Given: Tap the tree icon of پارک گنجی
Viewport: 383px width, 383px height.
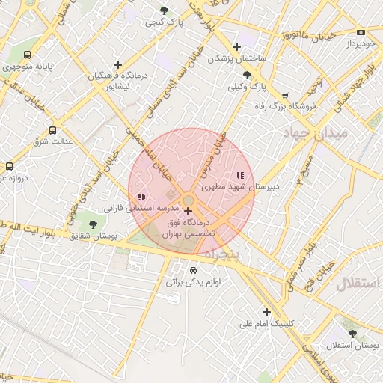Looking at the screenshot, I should click(164, 10).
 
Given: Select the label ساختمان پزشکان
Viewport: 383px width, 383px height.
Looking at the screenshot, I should click(236, 58).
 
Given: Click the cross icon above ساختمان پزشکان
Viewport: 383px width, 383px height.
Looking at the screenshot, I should click(237, 46).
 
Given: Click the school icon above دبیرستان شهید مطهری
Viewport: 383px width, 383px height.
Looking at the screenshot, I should click(240, 175).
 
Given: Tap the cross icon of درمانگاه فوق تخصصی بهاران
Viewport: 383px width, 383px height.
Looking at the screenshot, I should click(187, 212).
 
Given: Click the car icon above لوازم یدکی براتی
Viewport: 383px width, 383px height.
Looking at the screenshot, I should click(193, 270).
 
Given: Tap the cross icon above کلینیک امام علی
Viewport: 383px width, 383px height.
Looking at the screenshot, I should click(266, 312).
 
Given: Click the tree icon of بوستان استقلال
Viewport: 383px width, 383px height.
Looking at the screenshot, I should click(352, 334).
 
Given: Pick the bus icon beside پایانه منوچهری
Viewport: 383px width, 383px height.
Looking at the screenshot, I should click(28, 55).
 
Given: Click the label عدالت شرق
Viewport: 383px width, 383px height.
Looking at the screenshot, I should click(53, 140).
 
